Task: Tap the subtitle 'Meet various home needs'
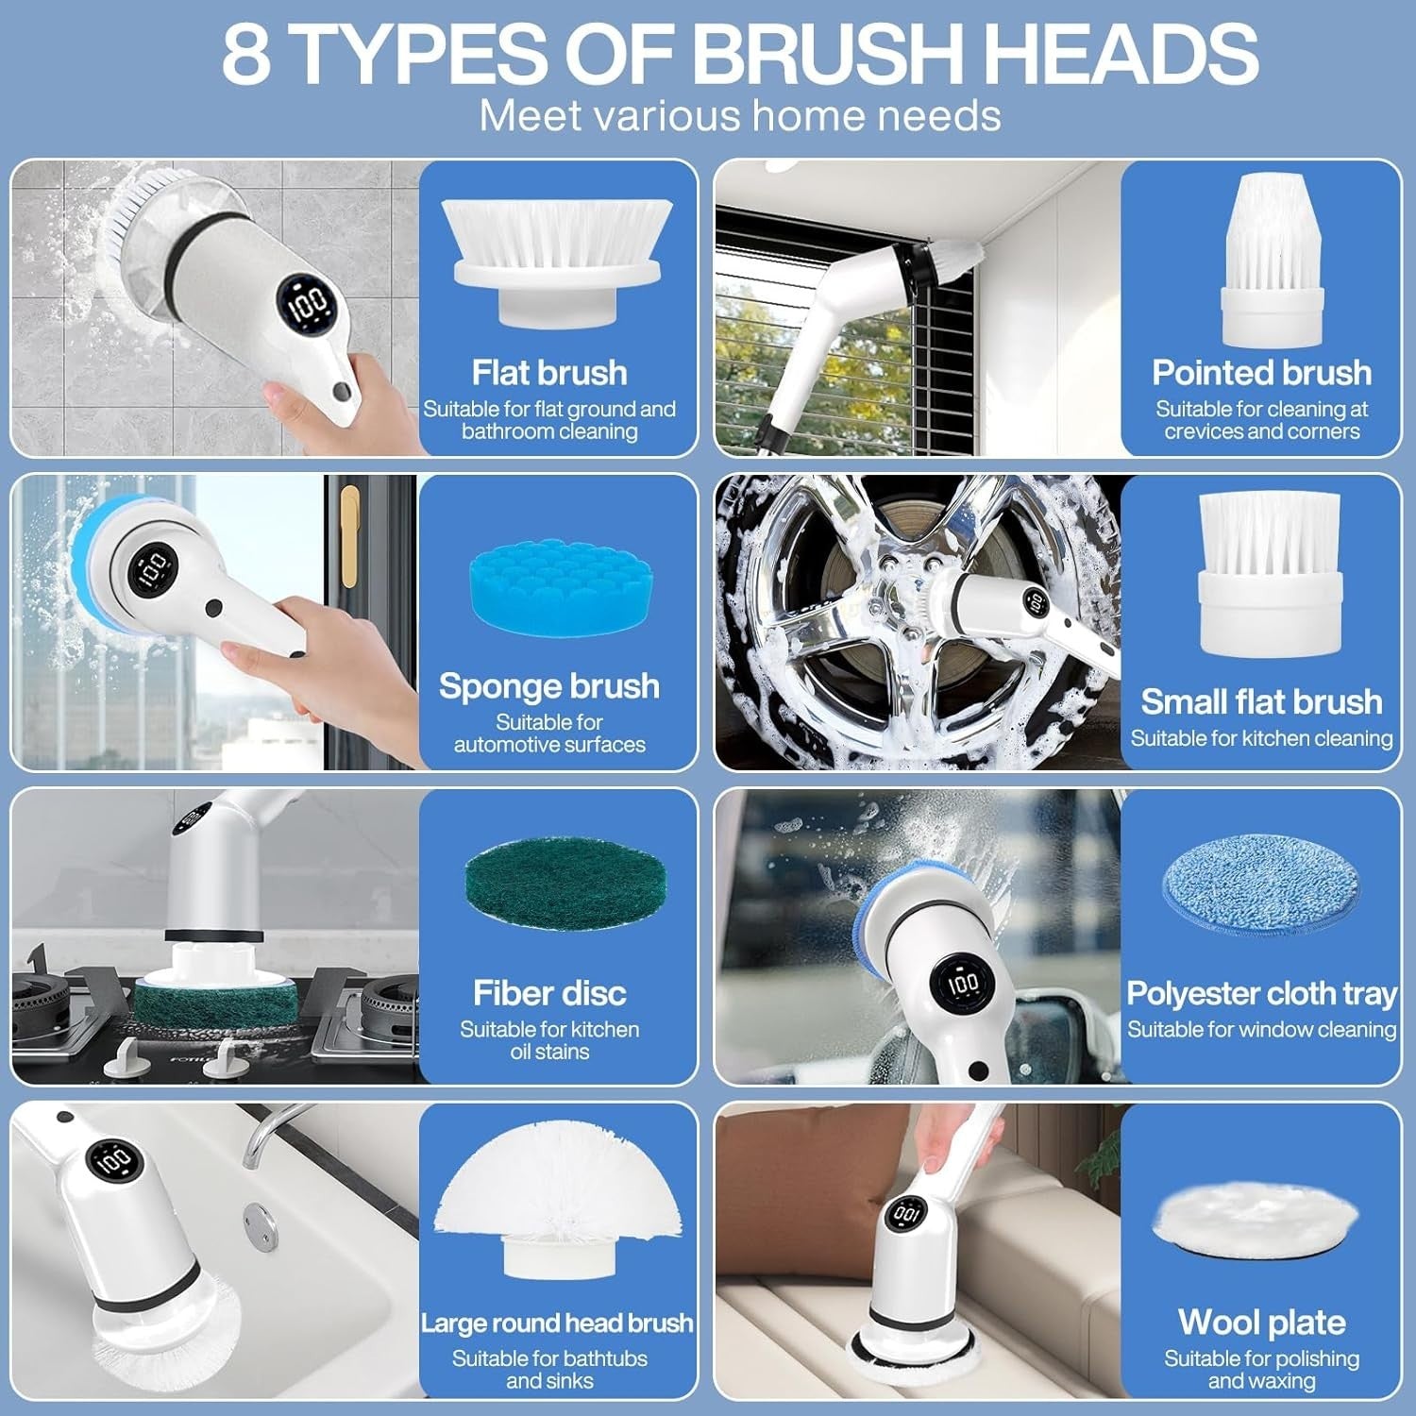740,116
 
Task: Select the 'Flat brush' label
549,373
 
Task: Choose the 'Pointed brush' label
1261,373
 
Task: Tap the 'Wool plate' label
1261,1323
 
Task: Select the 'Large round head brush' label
557,1323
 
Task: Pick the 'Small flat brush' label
1261,702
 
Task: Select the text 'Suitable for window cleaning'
1261,1030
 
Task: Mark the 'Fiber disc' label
549,993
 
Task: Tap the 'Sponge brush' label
549,686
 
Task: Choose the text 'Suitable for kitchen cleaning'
1261,738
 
